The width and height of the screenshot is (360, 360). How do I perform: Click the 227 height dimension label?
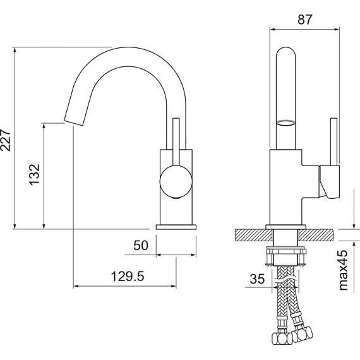pos(6,140)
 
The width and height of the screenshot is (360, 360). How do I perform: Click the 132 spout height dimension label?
pos(35,174)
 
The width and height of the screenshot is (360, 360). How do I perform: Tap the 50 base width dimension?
pos(141,245)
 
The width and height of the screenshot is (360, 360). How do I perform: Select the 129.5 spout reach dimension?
pos(128,276)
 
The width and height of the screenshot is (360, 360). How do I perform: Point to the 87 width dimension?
pos(305,20)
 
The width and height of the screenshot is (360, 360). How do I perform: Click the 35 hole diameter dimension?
pos(257,279)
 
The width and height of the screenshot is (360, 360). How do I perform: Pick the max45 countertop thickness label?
pos(343,270)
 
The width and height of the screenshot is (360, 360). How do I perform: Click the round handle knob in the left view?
pos(176,181)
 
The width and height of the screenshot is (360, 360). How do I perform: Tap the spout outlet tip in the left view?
pos(73,123)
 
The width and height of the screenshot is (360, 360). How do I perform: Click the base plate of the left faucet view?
pos(176,227)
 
